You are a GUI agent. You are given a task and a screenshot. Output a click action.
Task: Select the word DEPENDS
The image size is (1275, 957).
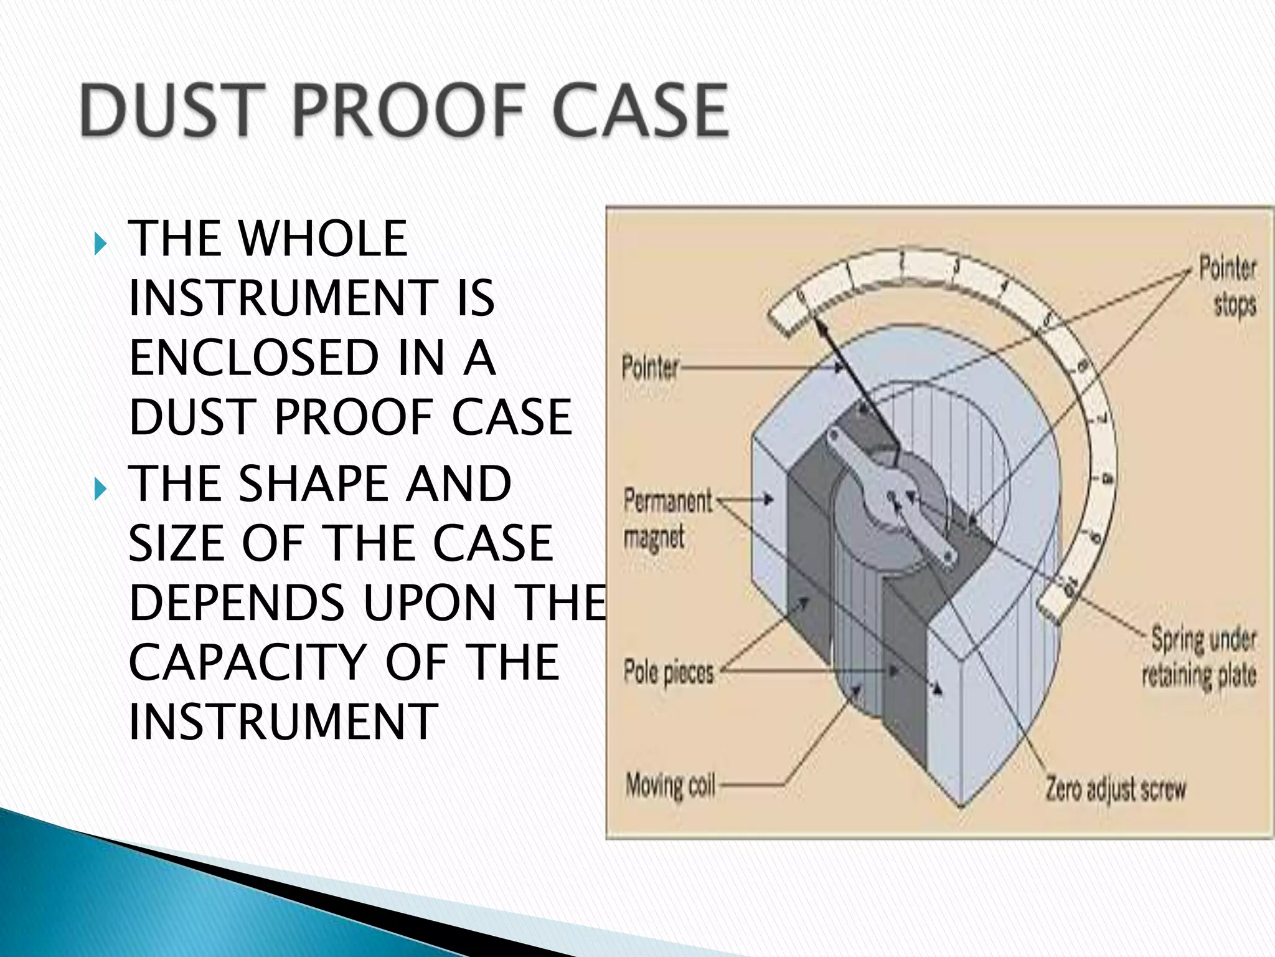click(237, 603)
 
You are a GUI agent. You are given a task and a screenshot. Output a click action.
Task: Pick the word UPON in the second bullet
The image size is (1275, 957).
click(430, 603)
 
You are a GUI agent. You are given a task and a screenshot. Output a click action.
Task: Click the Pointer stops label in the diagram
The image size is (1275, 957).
click(1228, 287)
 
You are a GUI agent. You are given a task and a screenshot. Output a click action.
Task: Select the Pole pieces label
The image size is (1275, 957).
click(669, 673)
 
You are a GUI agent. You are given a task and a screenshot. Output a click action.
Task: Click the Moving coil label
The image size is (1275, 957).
click(670, 786)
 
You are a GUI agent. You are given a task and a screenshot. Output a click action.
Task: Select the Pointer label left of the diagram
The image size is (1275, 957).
click(649, 368)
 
